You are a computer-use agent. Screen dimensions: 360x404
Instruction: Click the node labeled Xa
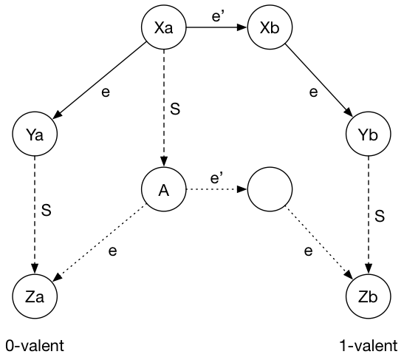tap(163, 29)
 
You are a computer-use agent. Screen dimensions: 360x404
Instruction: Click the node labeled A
tap(163, 189)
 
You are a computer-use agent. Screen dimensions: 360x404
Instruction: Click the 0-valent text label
tap(34, 345)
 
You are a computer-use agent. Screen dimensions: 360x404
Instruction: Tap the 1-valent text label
tap(367, 345)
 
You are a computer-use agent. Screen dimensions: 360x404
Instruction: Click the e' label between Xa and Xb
tap(217, 13)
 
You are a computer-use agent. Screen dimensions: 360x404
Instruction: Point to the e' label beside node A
tap(217, 177)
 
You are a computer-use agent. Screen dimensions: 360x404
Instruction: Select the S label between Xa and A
tap(175, 109)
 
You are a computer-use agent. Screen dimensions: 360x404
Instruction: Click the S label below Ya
tap(46, 210)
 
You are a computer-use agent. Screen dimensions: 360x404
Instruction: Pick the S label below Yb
tap(380, 217)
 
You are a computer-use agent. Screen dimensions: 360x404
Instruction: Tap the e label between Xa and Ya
tap(107, 92)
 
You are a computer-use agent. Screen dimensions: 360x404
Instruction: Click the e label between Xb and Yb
tap(313, 92)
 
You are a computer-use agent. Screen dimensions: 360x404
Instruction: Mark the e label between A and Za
tap(112, 251)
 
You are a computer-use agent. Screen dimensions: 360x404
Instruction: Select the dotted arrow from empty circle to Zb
tap(318, 243)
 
